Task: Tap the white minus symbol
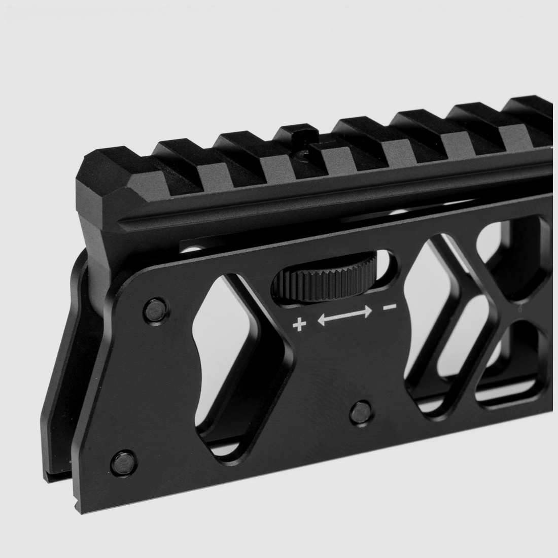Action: point(389,307)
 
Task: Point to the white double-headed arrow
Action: point(344,315)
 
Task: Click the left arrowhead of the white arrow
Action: point(322,320)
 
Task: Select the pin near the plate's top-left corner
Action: point(154,310)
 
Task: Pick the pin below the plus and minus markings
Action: point(362,410)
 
